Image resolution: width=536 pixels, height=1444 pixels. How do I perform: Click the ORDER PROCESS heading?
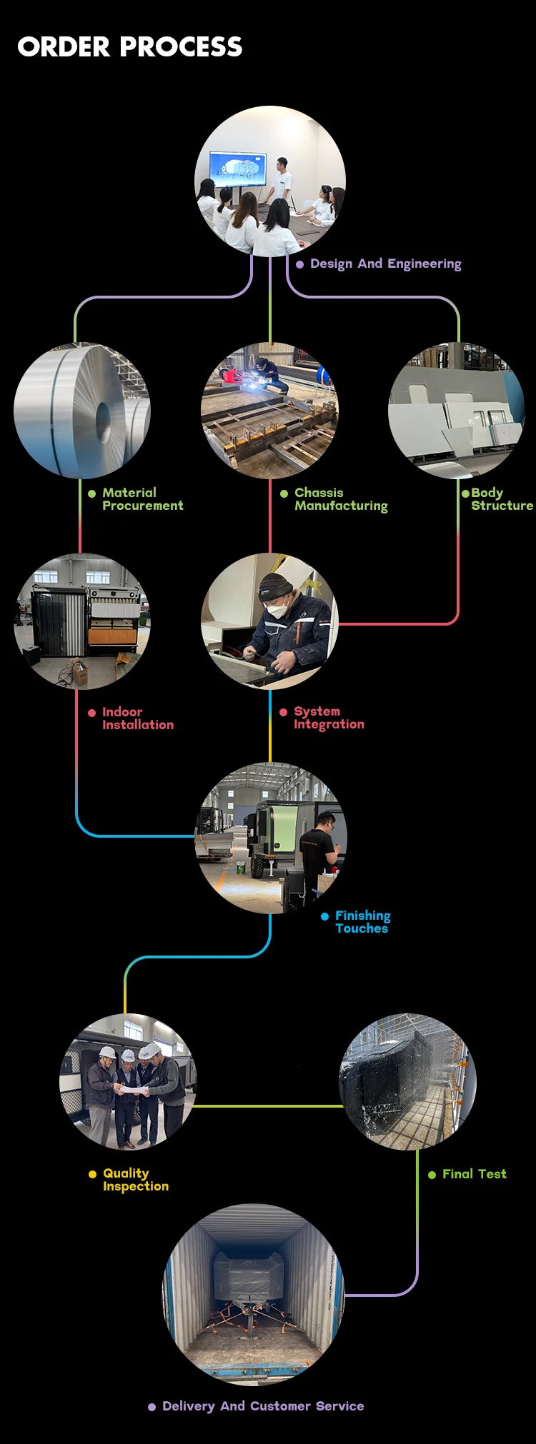click(130, 47)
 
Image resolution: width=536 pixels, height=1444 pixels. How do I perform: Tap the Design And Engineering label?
click(385, 264)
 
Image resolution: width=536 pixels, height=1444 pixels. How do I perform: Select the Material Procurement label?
click(142, 499)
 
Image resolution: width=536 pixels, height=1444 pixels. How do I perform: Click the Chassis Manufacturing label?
click(341, 499)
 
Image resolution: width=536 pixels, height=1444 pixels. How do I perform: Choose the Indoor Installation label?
click(137, 718)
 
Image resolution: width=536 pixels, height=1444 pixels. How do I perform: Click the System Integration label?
click(329, 718)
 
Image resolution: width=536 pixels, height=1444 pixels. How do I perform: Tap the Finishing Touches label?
click(362, 922)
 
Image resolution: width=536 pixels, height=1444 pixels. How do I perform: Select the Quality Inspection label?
click(136, 1180)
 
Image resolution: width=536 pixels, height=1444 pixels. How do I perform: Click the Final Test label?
click(474, 1174)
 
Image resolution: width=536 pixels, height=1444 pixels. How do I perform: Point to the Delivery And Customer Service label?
click(263, 1406)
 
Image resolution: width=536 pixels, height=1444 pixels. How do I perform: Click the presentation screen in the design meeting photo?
click(237, 169)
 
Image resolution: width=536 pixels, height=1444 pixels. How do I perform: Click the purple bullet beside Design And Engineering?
click(300, 264)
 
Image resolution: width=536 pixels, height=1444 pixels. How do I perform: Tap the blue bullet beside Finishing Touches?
click(325, 916)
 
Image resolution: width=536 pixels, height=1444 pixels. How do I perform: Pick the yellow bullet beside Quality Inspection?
click(92, 1174)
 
